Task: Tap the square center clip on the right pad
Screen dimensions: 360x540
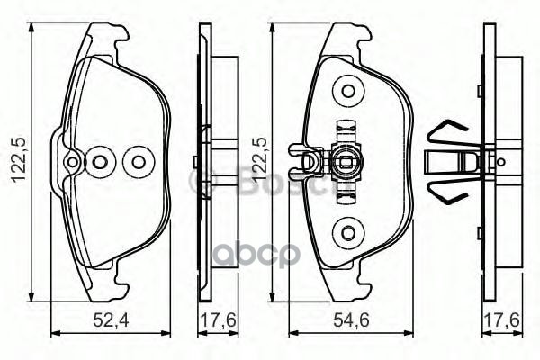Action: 343,163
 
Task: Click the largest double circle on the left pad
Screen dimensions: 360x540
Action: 138,162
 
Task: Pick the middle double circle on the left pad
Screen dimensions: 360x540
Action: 101,162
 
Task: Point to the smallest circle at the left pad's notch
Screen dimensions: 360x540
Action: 72,162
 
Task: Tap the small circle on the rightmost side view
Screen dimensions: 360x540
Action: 500,163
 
